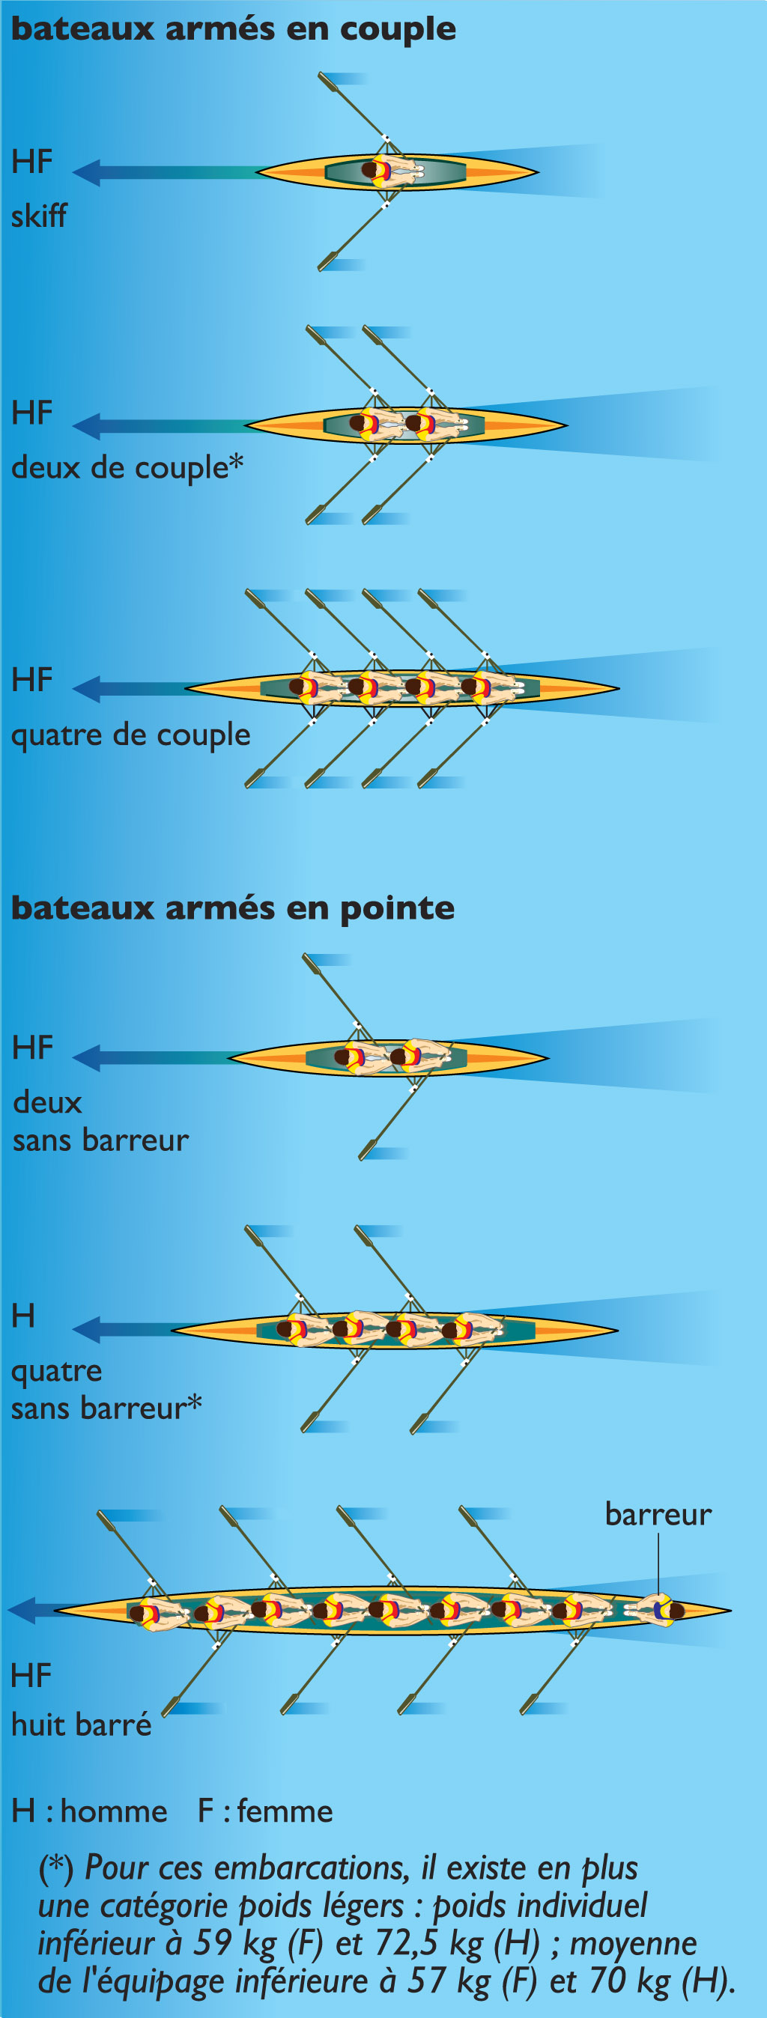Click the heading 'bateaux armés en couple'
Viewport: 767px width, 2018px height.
[233, 29]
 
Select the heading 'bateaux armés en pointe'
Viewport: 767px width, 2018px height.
[233, 908]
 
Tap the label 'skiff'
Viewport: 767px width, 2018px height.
[38, 216]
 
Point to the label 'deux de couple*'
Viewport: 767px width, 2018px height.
[127, 468]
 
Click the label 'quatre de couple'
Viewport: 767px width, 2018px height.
[130, 735]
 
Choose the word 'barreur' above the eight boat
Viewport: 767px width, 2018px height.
[658, 1514]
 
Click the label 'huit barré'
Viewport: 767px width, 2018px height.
[82, 1724]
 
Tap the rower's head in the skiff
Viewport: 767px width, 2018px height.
[371, 170]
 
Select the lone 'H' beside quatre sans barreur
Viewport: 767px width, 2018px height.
[23, 1316]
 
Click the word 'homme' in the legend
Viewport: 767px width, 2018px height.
[114, 1811]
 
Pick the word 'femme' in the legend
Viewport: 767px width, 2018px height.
[285, 1811]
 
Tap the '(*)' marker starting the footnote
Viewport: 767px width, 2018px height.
[55, 1867]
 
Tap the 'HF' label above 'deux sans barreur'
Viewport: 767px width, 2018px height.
[33, 1048]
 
